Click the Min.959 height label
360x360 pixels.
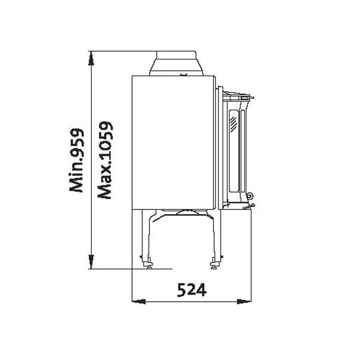(77, 160)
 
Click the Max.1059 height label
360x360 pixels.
(105, 160)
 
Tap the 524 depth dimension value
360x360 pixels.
(192, 290)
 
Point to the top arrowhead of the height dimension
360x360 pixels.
(91, 58)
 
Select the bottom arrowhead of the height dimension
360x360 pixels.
(91, 262)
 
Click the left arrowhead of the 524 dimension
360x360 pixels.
(139, 301)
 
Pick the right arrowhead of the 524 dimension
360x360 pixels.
(244, 301)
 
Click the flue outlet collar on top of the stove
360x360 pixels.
(176, 63)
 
